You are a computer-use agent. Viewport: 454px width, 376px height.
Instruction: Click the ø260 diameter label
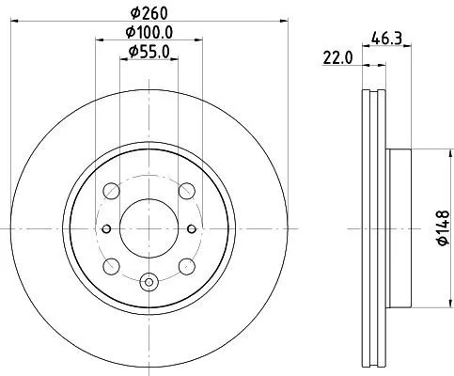click(x=149, y=12)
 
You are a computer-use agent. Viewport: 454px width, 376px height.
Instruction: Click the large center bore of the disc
click(x=149, y=226)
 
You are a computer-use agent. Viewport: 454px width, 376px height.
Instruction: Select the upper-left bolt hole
click(x=112, y=189)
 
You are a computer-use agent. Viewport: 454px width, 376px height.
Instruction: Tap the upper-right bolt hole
click(x=186, y=189)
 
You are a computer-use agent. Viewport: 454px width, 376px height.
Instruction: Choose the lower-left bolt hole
click(x=112, y=264)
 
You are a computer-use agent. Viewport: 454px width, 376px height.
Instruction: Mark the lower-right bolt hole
click(x=186, y=264)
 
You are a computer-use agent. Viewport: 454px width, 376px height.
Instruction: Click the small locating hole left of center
click(x=106, y=227)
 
